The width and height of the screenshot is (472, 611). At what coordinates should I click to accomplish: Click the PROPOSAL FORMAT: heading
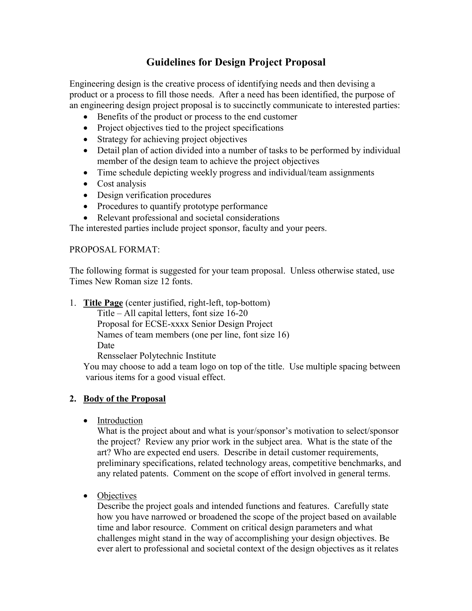[115, 250]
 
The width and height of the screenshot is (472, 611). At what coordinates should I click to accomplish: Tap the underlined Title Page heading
[103, 303]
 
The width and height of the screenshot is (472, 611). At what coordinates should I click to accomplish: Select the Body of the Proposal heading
[124, 399]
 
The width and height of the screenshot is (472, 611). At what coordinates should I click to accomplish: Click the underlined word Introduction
[120, 421]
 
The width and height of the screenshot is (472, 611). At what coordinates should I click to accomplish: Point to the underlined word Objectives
[117, 496]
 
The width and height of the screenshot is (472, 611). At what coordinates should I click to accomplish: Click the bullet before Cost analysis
[86, 184]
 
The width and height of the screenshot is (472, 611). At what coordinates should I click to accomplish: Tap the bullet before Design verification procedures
[86, 195]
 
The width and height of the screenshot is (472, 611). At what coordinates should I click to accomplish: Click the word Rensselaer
[117, 356]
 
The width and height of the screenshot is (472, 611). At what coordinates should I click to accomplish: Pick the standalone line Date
[106, 346]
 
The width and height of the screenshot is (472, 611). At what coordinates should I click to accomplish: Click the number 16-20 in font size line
[237, 313]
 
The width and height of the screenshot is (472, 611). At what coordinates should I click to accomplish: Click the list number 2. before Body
[73, 399]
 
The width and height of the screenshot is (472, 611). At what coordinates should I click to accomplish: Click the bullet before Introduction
[86, 421]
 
